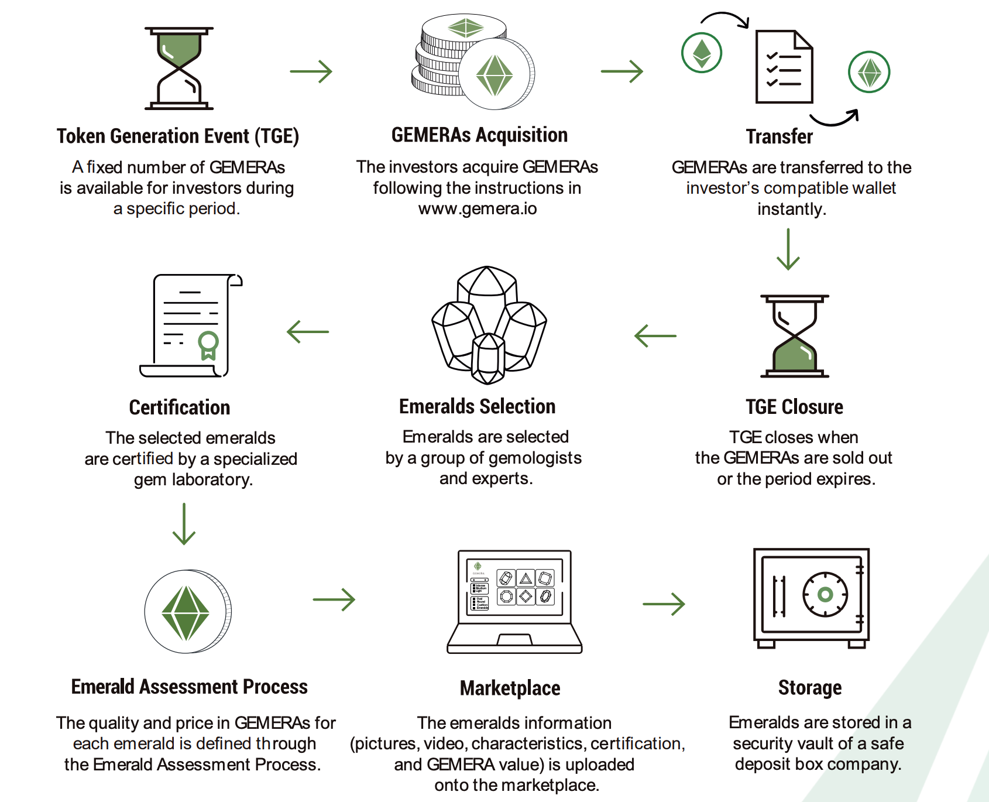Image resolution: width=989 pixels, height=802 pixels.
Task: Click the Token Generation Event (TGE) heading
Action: (178, 136)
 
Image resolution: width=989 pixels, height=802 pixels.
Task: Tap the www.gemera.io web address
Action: (478, 208)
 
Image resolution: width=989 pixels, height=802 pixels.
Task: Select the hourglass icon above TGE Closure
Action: (795, 336)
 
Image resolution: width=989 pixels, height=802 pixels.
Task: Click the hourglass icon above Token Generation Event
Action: (179, 68)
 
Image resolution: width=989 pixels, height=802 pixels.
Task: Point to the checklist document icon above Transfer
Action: (784, 67)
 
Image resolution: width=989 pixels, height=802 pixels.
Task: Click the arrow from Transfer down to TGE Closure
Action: (788, 249)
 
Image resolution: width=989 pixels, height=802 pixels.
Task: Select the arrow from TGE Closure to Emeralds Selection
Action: (655, 336)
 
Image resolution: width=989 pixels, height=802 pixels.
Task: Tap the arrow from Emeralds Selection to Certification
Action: (308, 332)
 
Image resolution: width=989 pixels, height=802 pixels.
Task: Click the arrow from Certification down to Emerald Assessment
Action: (184, 524)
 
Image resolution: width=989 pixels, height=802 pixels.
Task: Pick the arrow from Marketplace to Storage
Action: (664, 604)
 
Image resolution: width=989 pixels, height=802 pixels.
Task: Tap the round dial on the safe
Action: (825, 595)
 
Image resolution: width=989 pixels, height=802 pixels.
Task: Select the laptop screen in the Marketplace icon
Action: (514, 587)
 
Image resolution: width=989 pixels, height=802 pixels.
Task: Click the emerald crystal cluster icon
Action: (489, 325)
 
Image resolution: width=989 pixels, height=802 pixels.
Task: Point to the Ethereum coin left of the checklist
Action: (702, 53)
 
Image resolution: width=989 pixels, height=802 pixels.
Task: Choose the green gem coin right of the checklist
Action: (869, 72)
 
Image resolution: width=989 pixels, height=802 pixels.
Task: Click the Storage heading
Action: (810, 688)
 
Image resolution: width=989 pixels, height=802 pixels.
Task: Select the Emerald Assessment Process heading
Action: (190, 687)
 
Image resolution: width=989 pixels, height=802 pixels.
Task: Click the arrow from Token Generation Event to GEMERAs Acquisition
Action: (311, 71)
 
